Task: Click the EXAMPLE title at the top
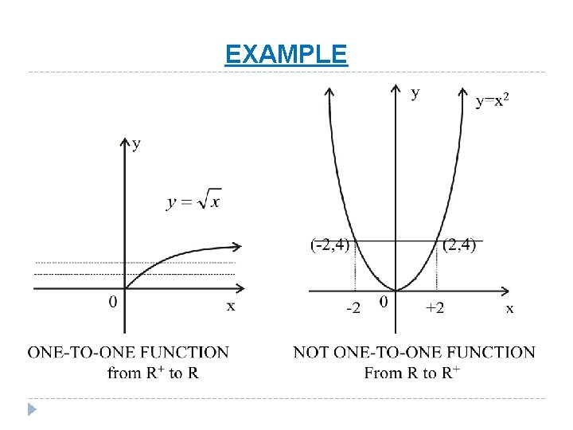286,54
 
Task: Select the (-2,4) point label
329,244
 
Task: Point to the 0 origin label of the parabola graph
384,303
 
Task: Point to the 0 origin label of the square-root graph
113,302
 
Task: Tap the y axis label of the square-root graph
137,143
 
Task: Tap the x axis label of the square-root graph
231,306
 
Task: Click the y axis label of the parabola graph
415,93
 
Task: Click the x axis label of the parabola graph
510,308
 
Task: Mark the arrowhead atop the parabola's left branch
329,92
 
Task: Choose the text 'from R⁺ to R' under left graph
153,372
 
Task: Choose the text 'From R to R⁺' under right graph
412,372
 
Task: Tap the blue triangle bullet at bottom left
33,410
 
